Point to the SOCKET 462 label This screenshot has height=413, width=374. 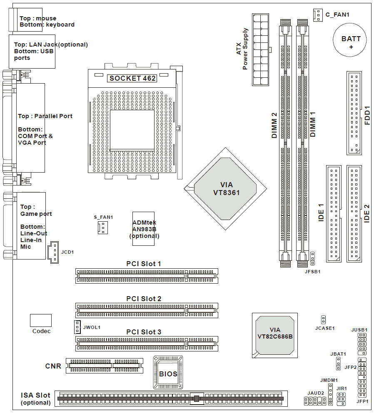pos(132,78)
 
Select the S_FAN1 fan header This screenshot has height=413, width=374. pos(102,227)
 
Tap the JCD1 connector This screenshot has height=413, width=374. pos(53,252)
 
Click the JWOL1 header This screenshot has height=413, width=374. pos(77,327)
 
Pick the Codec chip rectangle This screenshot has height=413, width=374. pos(41,320)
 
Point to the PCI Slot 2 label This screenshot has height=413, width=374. pos(144,299)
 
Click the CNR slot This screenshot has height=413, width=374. pos(104,365)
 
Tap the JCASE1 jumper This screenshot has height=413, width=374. pos(323,319)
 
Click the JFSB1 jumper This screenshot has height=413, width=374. pos(312,258)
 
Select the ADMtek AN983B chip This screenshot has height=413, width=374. pos(144,228)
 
